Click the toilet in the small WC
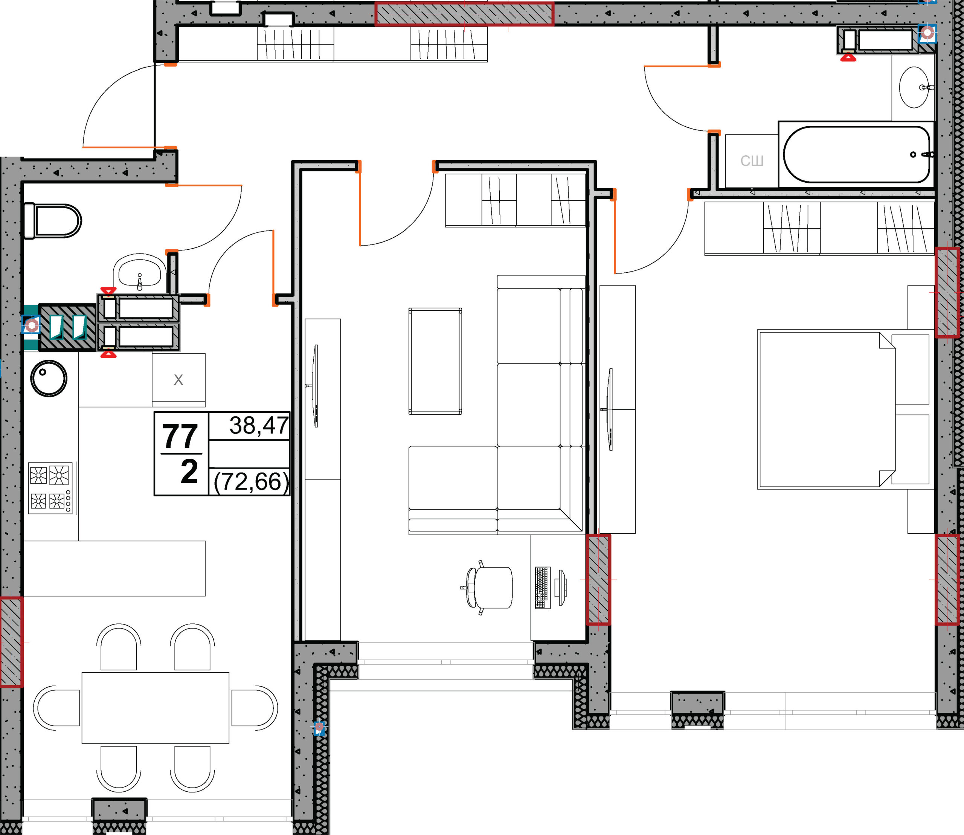click(x=52, y=221)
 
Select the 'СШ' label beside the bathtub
click(x=752, y=161)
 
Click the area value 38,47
click(x=259, y=426)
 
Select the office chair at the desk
click(x=487, y=588)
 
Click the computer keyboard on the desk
click(x=542, y=588)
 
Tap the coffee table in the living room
click(x=435, y=361)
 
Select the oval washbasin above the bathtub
click(x=914, y=87)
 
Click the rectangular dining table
click(x=156, y=708)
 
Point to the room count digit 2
click(x=189, y=472)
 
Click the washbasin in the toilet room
click(x=139, y=272)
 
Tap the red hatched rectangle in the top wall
click(x=465, y=14)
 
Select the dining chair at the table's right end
click(x=255, y=708)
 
